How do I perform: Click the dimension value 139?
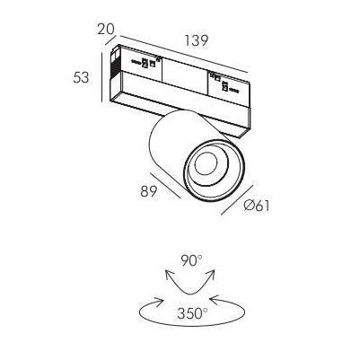(196, 40)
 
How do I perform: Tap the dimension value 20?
(106, 29)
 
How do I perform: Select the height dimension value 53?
(81, 78)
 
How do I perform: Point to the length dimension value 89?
(149, 191)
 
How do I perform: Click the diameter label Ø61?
(257, 206)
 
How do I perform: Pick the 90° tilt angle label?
(191, 260)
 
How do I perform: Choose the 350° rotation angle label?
(192, 313)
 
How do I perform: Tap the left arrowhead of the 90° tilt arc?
(170, 274)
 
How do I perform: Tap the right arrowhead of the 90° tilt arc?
(211, 274)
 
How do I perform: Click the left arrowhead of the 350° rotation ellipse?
(159, 302)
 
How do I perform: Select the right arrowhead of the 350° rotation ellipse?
(215, 299)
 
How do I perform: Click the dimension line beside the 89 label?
(165, 185)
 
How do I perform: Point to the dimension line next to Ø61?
(237, 200)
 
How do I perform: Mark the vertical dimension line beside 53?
(102, 77)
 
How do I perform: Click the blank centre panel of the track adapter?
(185, 72)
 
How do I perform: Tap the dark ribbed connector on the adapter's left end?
(115, 66)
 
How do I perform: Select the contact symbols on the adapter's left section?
(145, 62)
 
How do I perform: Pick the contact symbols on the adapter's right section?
(224, 83)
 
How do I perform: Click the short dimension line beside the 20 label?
(110, 40)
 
